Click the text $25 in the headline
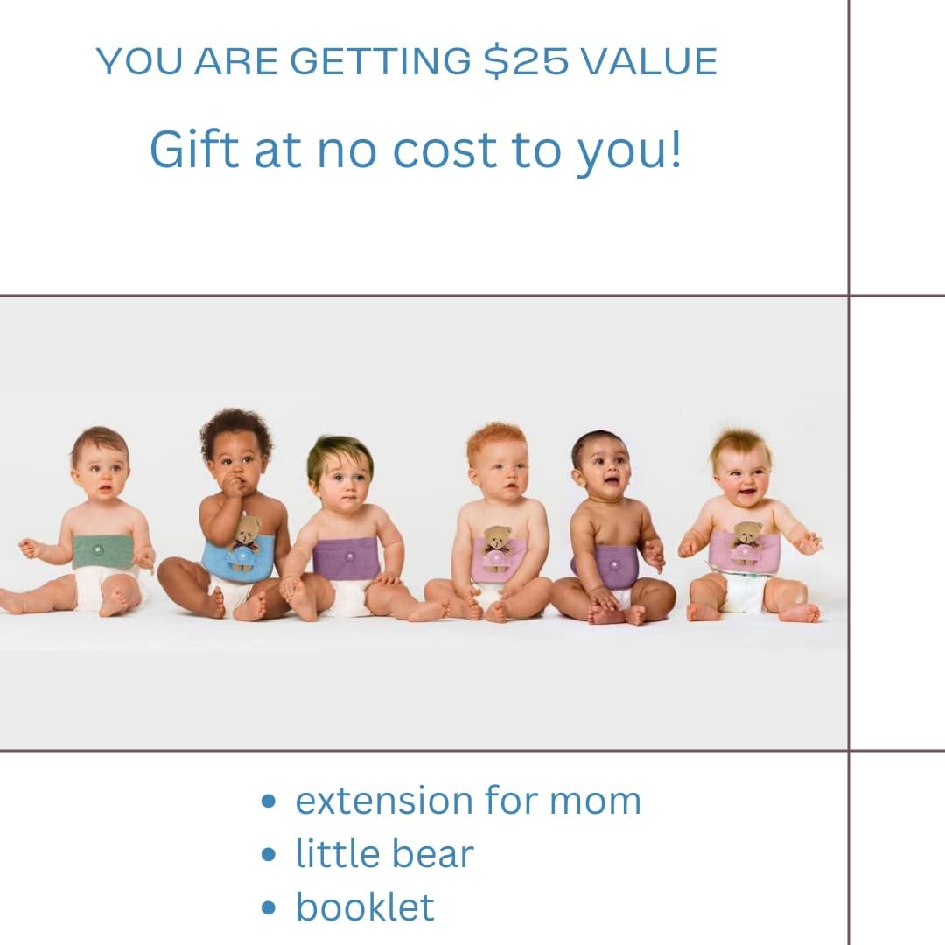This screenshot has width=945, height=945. [526, 61]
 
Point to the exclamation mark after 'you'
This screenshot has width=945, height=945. [675, 149]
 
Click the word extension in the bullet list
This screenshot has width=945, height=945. [383, 801]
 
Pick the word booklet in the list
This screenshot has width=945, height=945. [365, 906]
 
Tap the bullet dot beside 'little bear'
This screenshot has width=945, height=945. [269, 855]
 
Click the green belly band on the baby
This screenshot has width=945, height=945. [103, 551]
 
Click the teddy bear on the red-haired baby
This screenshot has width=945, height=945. [497, 544]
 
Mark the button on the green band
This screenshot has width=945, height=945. [97, 549]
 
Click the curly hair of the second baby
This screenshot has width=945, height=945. [235, 429]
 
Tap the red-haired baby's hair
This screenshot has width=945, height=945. [497, 438]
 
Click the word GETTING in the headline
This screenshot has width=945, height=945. [381, 61]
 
